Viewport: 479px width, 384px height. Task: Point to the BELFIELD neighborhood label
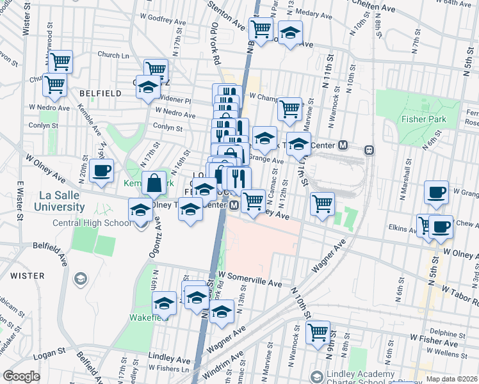(x=101, y=93)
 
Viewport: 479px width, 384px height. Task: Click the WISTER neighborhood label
(x=28, y=276)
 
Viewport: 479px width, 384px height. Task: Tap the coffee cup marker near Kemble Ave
(x=101, y=170)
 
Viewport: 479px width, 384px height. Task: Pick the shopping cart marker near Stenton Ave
(x=261, y=29)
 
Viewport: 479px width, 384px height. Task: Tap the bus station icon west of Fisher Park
(x=369, y=150)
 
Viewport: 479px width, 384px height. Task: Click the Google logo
(x=21, y=376)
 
